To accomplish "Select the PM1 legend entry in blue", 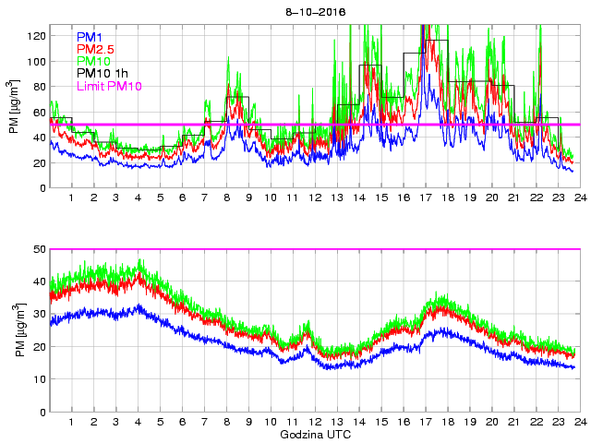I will click(x=90, y=37).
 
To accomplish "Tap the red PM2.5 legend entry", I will click(x=95, y=49).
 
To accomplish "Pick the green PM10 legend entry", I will click(x=93, y=61).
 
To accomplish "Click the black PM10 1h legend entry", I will click(x=103, y=74).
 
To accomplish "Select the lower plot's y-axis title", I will click(x=14, y=330).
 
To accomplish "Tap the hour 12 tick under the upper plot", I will click(x=315, y=198).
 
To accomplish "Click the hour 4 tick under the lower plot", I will click(x=138, y=422).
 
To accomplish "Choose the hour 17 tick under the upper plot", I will click(x=425, y=198).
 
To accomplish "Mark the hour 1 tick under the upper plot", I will click(x=72, y=198).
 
